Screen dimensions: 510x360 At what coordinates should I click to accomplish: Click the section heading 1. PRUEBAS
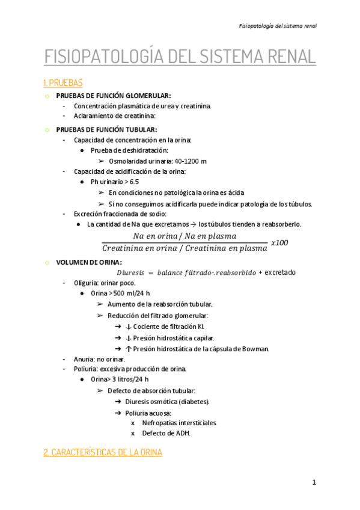point(63,82)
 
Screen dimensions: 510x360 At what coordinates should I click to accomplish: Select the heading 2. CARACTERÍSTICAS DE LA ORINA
point(103,452)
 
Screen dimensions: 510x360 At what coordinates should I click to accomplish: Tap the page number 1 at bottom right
point(314,482)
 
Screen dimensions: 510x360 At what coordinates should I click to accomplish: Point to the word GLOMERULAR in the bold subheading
point(149,95)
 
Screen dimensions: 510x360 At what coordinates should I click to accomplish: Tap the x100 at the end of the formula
point(280,242)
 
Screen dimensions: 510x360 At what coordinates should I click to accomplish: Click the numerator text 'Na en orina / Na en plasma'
point(185,236)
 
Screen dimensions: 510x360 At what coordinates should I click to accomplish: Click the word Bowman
point(255,348)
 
